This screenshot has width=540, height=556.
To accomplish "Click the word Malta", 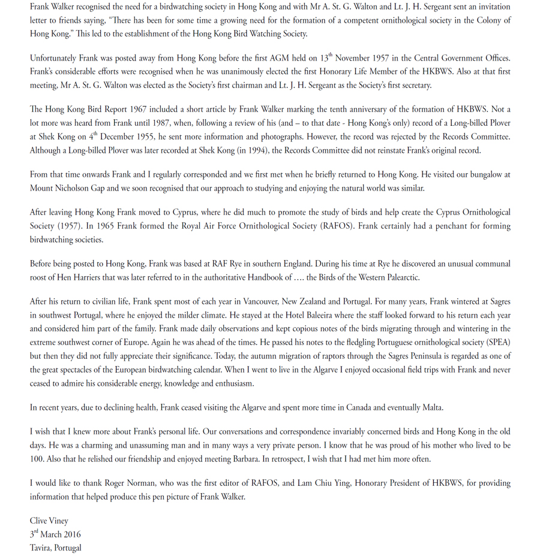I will pyautogui.click(x=431, y=408).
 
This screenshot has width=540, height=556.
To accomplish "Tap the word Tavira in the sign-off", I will pyautogui.click(x=43, y=548).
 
